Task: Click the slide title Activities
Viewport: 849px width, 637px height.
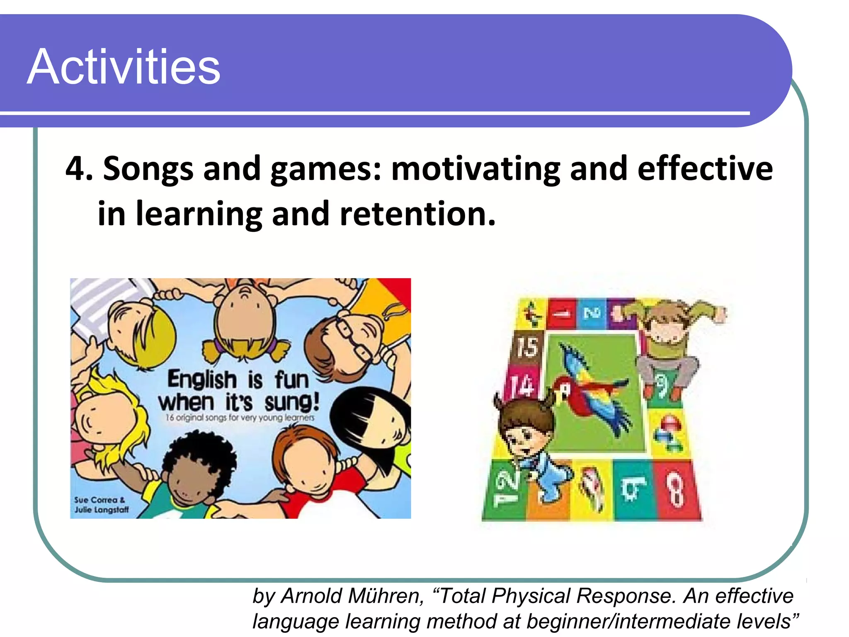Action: coord(124,67)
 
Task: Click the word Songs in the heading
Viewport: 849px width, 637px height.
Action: coord(148,169)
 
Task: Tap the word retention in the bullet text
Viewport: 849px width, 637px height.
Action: coord(417,214)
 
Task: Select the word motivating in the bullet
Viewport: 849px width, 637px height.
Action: coord(476,169)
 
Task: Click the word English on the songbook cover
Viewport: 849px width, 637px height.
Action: coord(202,379)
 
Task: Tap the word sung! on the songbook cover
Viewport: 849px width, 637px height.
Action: coord(292,402)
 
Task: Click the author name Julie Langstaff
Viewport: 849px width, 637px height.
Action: coord(102,510)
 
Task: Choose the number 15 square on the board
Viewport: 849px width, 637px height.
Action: coord(526,347)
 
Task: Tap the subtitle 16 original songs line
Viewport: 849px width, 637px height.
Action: coord(240,418)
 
